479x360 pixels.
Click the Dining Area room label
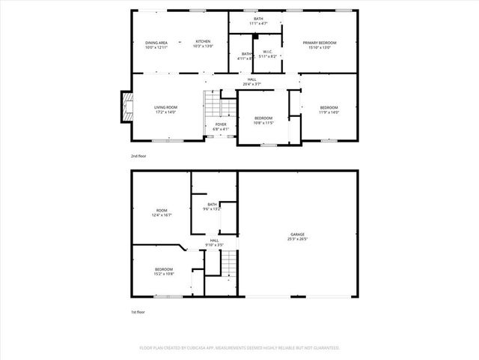point(157,42)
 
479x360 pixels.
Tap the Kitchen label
point(203,41)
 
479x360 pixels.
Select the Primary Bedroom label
point(320,43)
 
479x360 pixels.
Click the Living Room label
point(165,107)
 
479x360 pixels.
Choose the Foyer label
point(221,124)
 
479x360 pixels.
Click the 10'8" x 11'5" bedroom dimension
point(264,122)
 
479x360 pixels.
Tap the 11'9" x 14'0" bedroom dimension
point(329,112)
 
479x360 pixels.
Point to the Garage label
point(298,235)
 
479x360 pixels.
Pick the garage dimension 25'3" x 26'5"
point(298,240)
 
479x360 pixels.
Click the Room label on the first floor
point(161,210)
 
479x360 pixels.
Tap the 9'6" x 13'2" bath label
point(213,209)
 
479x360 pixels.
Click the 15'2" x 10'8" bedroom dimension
point(164,274)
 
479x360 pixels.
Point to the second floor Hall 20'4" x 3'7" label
point(252,84)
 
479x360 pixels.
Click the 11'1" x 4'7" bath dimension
point(258,24)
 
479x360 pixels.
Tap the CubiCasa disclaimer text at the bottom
point(239,348)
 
